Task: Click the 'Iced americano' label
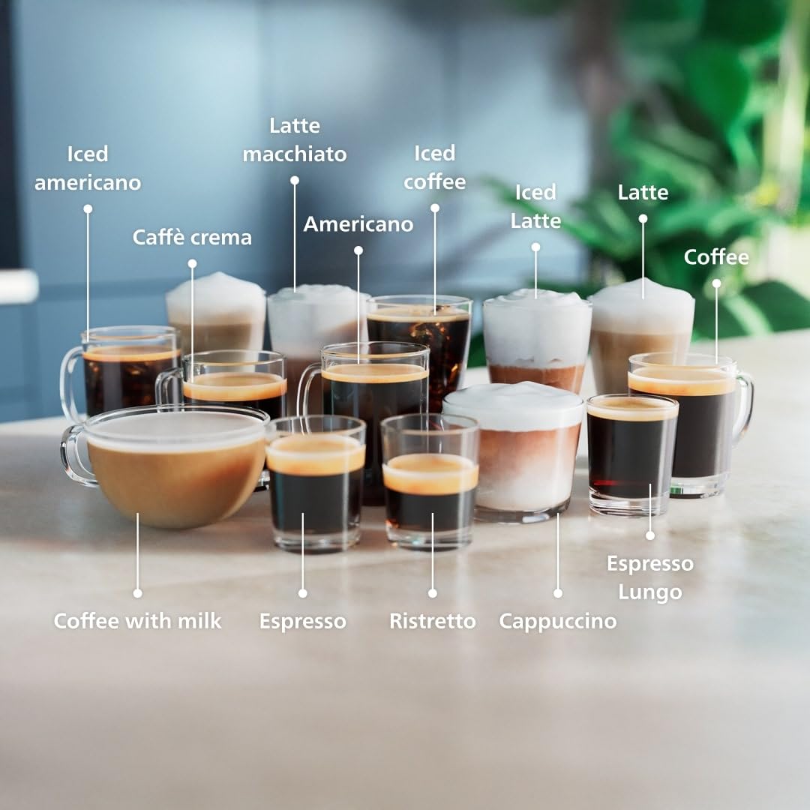(88, 168)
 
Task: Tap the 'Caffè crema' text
(192, 238)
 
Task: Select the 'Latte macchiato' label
(295, 139)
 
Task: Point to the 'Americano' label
(358, 224)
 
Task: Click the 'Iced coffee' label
(434, 167)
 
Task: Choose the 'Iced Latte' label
(535, 206)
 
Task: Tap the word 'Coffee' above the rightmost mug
(715, 257)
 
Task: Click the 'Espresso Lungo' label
(649, 577)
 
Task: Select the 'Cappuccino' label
(557, 621)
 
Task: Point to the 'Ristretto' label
(432, 621)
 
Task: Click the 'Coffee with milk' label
(137, 621)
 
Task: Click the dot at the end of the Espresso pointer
(302, 593)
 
